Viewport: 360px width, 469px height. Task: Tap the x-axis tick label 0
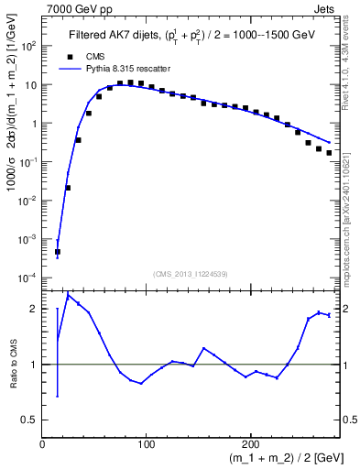(43, 443)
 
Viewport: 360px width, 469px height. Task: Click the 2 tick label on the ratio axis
(34, 309)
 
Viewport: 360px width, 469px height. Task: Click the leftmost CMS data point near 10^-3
(58, 252)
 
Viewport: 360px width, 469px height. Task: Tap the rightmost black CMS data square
(329, 153)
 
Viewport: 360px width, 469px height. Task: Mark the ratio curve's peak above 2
(68, 295)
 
